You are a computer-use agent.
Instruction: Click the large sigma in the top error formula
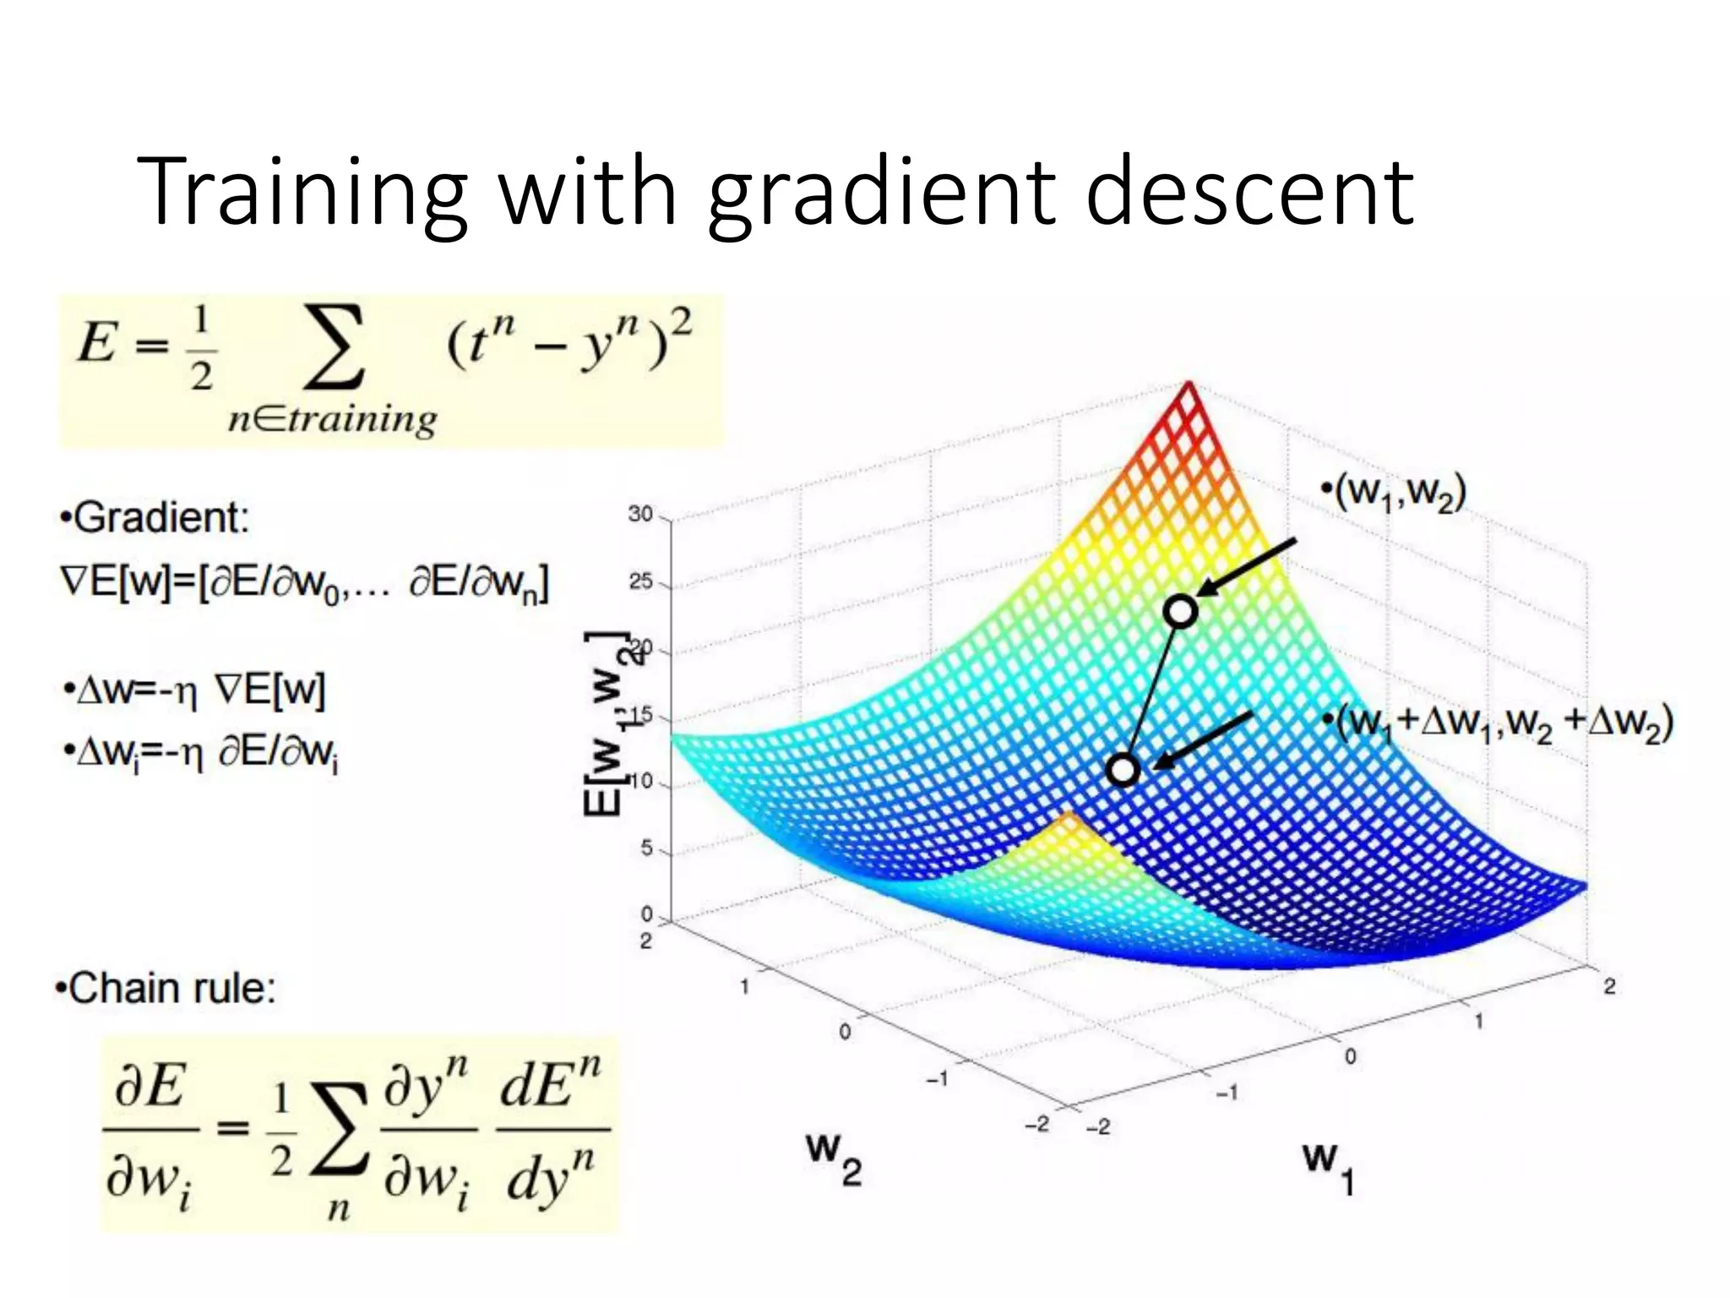point(335,348)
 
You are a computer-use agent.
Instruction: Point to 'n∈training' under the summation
point(333,418)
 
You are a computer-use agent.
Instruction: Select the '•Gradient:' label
point(155,517)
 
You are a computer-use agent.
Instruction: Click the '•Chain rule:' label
point(166,988)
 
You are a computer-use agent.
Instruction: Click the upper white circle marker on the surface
point(1180,610)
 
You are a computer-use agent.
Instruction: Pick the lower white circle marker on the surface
point(1123,769)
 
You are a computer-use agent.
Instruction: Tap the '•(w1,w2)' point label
point(1394,492)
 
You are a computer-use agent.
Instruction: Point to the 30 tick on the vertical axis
point(640,514)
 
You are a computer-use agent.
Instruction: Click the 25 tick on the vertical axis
point(640,581)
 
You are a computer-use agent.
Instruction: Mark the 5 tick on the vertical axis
point(646,848)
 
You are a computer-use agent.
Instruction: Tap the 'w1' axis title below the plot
point(1328,1166)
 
